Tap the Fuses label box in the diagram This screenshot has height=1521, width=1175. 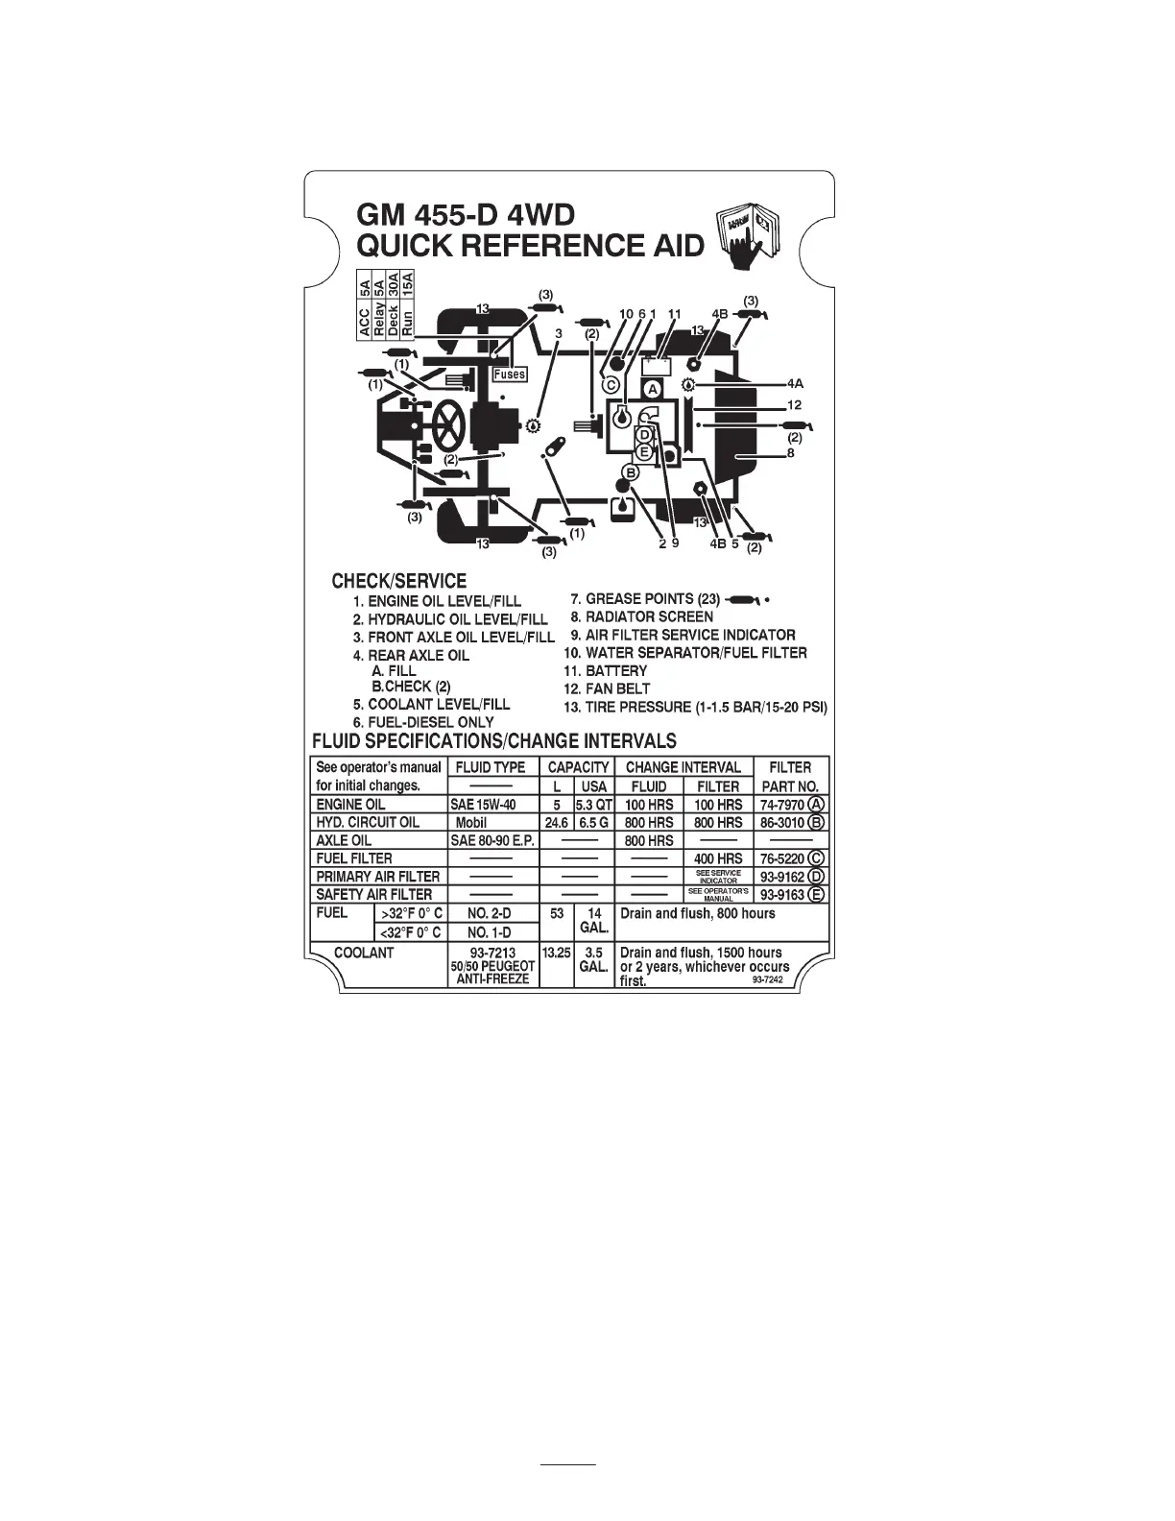pos(509,374)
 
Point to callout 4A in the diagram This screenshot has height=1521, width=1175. pos(794,384)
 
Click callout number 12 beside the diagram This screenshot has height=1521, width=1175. pos(794,405)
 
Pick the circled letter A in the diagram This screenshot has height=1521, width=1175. pos(652,389)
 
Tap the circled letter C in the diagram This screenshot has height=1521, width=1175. pos(610,384)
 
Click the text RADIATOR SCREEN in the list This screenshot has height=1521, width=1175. pos(649,616)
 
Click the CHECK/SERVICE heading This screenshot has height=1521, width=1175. pos(398,581)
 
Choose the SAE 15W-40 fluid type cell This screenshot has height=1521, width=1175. pos(488,805)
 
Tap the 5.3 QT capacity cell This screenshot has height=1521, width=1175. pos(594,805)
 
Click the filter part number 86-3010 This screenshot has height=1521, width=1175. pos(782,823)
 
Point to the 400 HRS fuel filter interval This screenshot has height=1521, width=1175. pos(718,858)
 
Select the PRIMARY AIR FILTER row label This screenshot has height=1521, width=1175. pos(378,876)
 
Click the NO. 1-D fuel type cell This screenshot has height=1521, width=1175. pos(490,932)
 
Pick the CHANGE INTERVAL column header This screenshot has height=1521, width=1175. pos(683,767)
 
